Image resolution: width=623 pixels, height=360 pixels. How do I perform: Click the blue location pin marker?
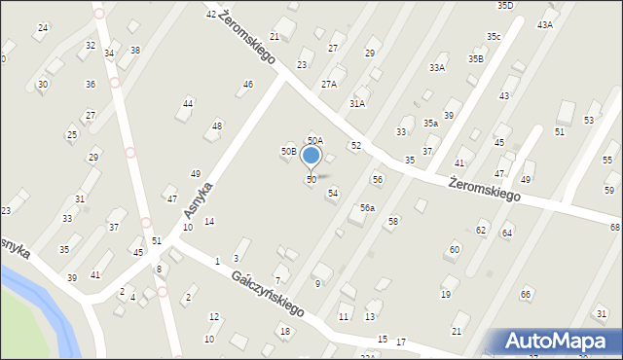[311, 156]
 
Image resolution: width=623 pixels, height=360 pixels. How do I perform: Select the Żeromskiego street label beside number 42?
[247, 38]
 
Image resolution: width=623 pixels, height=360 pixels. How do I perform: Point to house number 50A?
[314, 141]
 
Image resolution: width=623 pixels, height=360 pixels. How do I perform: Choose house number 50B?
[289, 151]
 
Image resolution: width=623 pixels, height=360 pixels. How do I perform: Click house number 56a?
[367, 208]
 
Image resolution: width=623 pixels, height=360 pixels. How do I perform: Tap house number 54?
[333, 194]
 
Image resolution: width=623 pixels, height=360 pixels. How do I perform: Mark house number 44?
[188, 103]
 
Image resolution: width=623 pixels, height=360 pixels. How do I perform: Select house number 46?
[248, 85]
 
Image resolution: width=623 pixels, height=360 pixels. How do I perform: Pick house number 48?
[217, 126]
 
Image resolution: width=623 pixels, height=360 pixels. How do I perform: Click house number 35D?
[505, 6]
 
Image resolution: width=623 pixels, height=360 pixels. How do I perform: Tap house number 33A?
[437, 68]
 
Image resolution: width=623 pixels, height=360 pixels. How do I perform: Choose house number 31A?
[357, 103]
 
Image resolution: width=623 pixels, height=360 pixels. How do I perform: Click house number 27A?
[329, 85]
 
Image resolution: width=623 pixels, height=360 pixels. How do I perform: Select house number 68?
[615, 227]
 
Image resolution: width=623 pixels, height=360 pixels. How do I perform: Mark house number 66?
[526, 294]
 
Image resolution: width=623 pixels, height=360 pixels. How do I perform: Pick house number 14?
[209, 222]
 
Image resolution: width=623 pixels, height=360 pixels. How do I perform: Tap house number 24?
[42, 27]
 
